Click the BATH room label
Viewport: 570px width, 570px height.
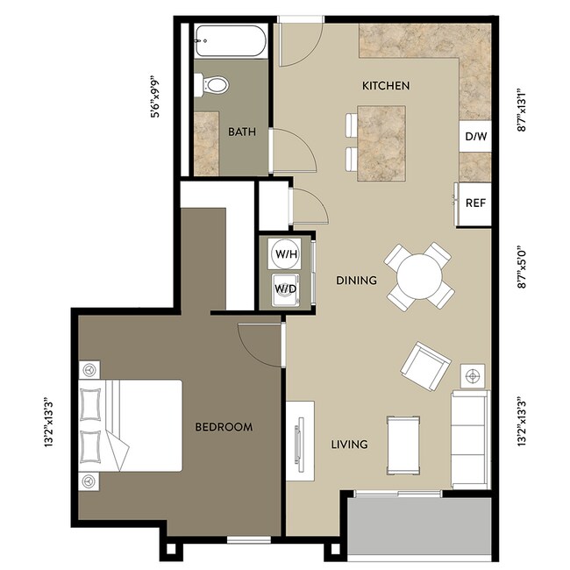tap(241, 132)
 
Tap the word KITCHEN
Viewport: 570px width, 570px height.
tap(386, 86)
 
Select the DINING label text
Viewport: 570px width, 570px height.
tap(356, 281)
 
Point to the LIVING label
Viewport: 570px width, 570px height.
tap(348, 445)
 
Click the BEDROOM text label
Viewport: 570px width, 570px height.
tap(224, 427)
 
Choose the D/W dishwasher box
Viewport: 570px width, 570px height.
tap(475, 137)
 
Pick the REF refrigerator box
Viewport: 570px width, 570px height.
tap(475, 203)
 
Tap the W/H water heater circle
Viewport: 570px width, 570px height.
tap(285, 254)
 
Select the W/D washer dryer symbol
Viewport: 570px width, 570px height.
tap(285, 288)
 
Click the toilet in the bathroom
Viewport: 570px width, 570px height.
tap(214, 85)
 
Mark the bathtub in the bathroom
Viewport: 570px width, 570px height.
tap(230, 40)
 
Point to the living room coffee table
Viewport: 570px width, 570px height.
tap(404, 444)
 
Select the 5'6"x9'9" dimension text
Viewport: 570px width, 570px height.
tap(156, 96)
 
